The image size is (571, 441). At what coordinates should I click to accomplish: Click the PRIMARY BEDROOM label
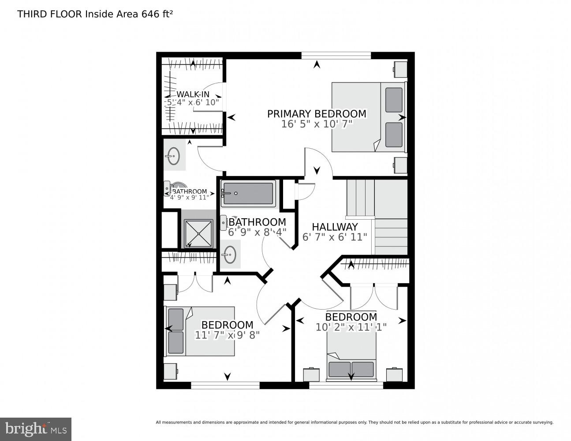point(317,114)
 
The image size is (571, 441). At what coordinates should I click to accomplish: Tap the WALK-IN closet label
point(193,94)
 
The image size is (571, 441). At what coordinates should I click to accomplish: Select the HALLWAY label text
point(335,227)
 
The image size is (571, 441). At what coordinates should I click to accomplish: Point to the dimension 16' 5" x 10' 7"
point(317,124)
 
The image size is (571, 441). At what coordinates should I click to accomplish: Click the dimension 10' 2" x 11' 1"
point(351,327)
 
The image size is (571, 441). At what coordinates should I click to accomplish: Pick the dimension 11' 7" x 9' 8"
point(227,335)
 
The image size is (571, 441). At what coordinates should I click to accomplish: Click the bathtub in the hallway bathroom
point(248,193)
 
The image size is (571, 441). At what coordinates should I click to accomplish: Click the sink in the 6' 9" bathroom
point(230,254)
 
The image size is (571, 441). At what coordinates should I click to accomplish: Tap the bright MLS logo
point(36,429)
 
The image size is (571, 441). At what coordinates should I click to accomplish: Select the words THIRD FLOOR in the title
point(49,14)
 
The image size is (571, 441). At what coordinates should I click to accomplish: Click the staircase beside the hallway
point(377,216)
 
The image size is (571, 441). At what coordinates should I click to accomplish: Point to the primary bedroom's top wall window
point(336,56)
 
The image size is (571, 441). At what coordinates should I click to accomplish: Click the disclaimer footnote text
point(354,422)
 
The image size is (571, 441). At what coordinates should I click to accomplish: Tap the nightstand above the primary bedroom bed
point(400,69)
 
